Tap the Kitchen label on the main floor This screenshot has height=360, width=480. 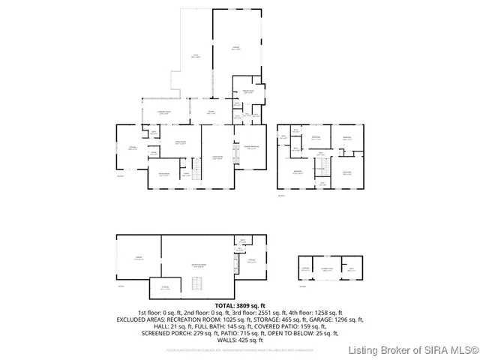click(132, 148)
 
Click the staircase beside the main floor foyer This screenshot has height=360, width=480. click(197, 170)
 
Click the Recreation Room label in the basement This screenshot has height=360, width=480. click(199, 265)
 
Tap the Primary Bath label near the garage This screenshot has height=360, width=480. click(247, 92)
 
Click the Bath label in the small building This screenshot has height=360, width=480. click(349, 268)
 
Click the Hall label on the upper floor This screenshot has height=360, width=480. click(320, 153)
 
